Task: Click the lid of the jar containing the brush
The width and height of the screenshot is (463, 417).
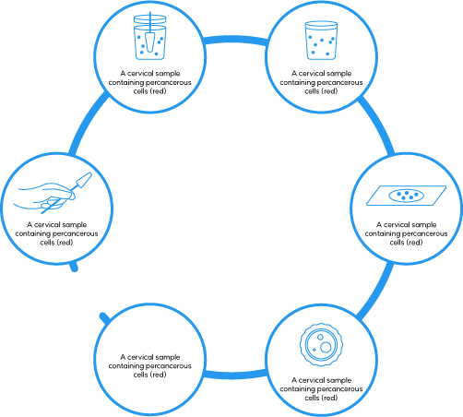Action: pyautogui.click(x=150, y=19)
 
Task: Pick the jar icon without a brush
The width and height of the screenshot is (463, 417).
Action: pyautogui.click(x=321, y=41)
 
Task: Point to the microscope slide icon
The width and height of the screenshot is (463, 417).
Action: pyautogui.click(x=406, y=196)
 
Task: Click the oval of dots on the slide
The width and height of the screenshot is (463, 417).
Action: pyautogui.click(x=406, y=196)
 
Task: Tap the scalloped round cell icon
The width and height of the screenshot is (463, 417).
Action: pyautogui.click(x=321, y=344)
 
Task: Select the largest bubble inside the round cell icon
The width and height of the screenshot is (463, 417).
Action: pyautogui.click(x=326, y=347)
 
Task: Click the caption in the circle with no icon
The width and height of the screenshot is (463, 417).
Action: pyautogui.click(x=149, y=365)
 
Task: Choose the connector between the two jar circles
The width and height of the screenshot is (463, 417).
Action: pyautogui.click(x=235, y=40)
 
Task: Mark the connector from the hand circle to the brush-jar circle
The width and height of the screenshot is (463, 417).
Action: pyautogui.click(x=88, y=123)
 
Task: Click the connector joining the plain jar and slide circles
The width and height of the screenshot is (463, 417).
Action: pyautogui.click(x=377, y=125)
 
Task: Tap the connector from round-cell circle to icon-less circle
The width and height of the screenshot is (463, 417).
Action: pyautogui.click(x=235, y=375)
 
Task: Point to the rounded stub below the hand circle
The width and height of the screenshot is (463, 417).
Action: pyautogui.click(x=74, y=267)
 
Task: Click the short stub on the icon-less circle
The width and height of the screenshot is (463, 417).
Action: pyautogui.click(x=104, y=318)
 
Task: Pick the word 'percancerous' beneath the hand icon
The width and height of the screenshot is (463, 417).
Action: pyautogui.click(x=76, y=233)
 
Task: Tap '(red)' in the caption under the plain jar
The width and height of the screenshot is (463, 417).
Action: pyautogui.click(x=329, y=91)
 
